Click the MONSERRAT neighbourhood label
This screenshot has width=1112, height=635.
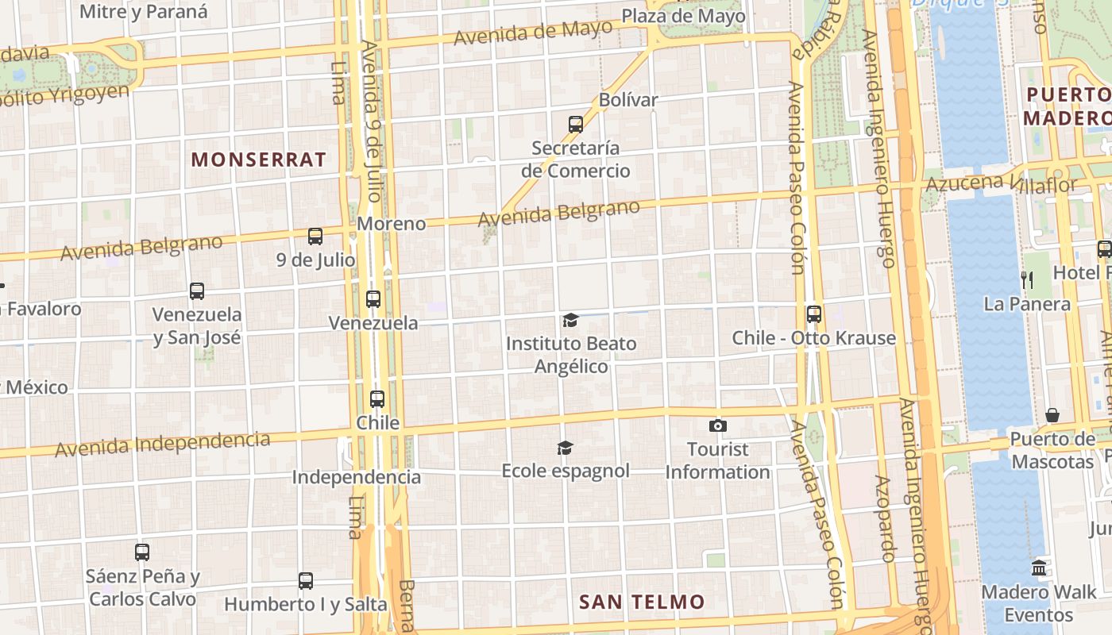coord(258,160)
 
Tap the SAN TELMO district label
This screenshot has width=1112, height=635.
coord(642,602)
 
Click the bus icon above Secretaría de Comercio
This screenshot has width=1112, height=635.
coord(576,125)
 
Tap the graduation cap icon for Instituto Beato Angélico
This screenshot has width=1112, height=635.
coord(570,321)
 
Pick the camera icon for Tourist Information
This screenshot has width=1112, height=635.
coord(718,426)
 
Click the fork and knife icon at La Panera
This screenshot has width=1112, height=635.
coord(1027,279)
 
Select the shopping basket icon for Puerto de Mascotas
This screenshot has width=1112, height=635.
coord(1052,415)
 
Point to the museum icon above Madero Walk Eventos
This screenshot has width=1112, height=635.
coord(1039,568)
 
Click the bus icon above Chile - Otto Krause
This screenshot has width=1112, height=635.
coord(814,314)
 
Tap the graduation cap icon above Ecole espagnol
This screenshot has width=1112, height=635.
coord(565,448)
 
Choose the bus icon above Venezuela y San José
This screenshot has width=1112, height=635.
coord(197,291)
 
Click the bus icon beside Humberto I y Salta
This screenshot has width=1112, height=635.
coord(306,581)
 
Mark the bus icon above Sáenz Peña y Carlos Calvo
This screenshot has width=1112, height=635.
coord(142,552)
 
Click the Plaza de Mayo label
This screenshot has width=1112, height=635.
coord(683,16)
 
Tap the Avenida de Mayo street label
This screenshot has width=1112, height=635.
coord(533,33)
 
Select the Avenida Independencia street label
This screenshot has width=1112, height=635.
coord(162,444)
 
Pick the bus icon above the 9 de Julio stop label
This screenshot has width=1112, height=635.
coord(315,237)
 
